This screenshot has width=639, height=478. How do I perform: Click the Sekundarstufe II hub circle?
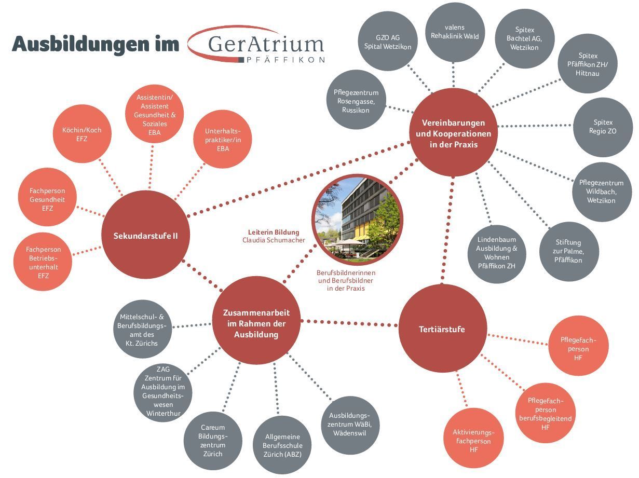(145, 235)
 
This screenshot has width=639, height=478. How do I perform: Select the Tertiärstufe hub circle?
(442, 329)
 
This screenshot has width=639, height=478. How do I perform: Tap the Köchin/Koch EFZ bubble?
(82, 134)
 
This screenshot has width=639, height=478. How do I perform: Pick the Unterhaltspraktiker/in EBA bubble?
(223, 139)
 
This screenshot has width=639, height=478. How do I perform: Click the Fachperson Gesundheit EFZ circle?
(47, 199)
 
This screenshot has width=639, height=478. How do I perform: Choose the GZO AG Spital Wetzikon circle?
(387, 42)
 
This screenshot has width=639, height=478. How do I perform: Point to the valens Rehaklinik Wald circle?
(455, 32)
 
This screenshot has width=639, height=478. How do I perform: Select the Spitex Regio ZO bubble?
(603, 127)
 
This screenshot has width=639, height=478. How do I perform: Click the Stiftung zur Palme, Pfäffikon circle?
(568, 251)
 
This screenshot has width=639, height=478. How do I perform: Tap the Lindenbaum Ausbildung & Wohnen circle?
(496, 253)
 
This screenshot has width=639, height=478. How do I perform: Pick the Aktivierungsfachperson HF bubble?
(473, 441)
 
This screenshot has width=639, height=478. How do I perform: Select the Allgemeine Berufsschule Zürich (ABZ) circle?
(282, 445)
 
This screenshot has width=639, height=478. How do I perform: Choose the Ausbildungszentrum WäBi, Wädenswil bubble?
(350, 425)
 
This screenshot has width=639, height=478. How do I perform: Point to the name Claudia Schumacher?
(274, 240)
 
